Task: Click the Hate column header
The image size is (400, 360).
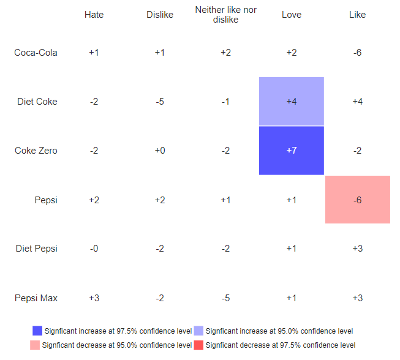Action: coord(94,15)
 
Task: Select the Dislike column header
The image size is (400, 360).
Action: coord(160,15)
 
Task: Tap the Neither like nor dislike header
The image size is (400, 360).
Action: coord(225,15)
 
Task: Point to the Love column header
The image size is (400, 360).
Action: coord(292,15)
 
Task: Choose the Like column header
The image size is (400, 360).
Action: coord(357,15)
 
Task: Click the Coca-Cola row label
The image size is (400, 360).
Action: coord(36,53)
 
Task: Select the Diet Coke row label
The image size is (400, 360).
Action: coord(37,102)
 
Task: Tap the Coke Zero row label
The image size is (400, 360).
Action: coord(36,151)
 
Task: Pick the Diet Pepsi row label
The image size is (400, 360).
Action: coord(37,249)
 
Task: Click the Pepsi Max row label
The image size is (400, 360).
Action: coord(37,298)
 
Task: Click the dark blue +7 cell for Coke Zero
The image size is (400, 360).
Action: coord(292,151)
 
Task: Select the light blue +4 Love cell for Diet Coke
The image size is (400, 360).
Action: coord(292,102)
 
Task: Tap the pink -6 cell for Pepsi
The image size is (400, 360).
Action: coord(357,200)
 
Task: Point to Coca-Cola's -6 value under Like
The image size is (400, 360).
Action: coord(357,53)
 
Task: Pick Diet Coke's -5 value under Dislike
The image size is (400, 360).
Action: coord(160,102)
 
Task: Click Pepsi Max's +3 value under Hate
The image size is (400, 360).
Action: coord(94,298)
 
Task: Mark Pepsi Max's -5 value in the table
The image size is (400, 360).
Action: coord(225,298)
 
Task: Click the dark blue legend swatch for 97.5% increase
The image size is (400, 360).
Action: coord(37,331)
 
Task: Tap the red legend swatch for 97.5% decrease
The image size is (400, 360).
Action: coord(198,345)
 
